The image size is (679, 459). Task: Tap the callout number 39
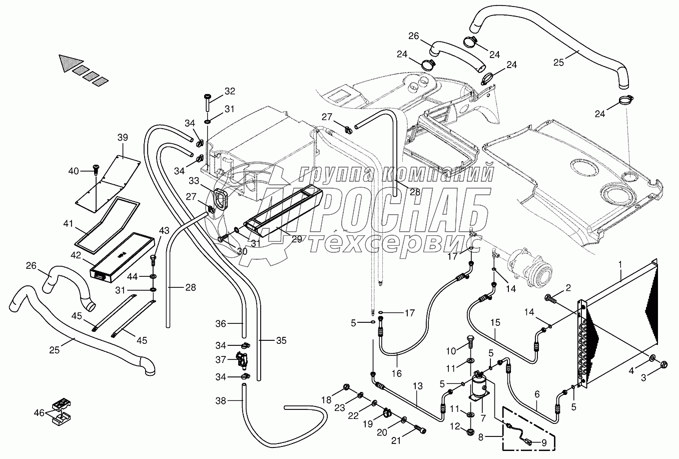(123, 137)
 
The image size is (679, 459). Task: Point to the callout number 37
(221, 359)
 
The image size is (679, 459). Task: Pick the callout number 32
(229, 91)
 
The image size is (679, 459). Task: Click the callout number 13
(418, 386)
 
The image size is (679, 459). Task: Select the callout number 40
(74, 171)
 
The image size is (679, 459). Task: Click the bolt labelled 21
(420, 429)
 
